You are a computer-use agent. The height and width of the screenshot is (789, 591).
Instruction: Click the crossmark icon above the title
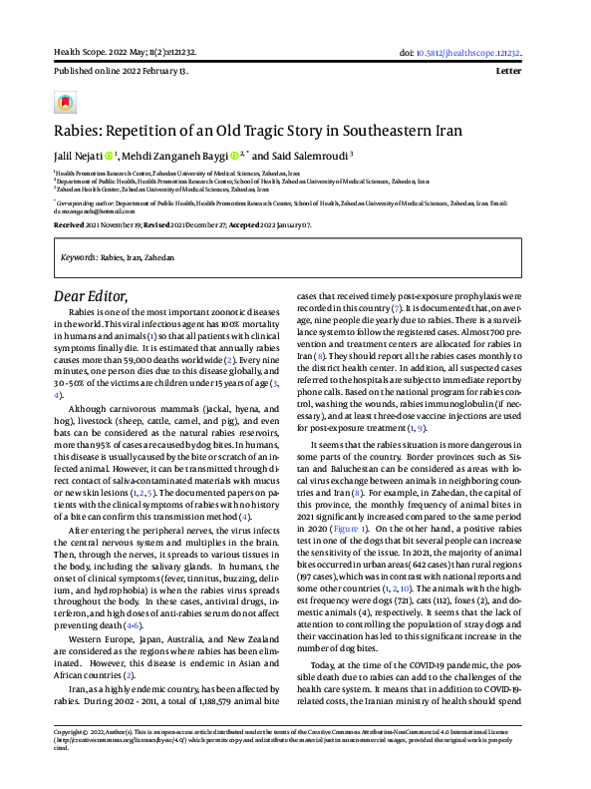tap(65, 103)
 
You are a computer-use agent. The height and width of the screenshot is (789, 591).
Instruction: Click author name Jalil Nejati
tap(77, 156)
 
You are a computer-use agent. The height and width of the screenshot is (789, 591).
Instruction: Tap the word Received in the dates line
tap(69, 226)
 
